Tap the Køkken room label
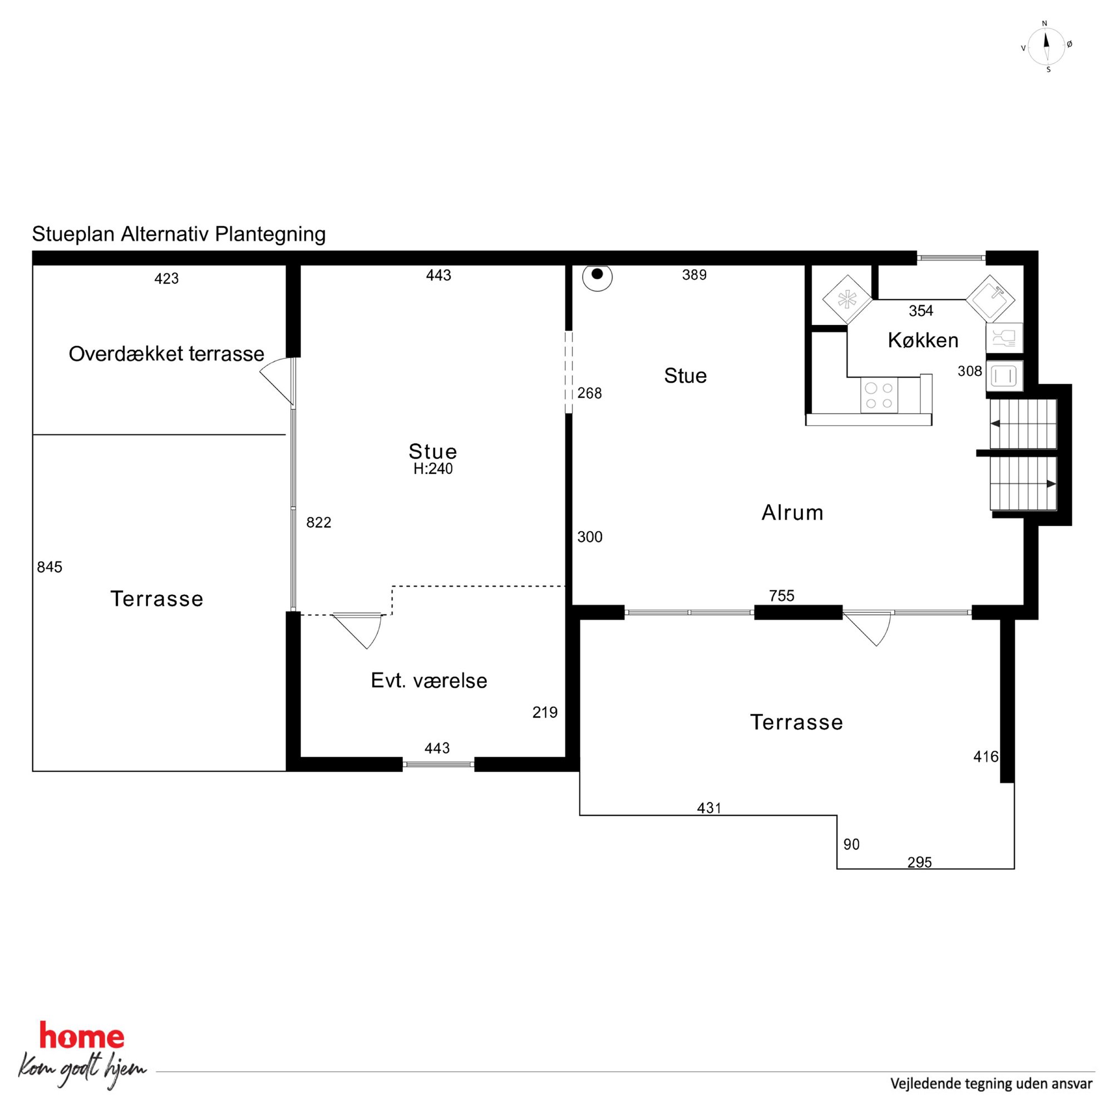pyautogui.click(x=923, y=341)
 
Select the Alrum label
pyautogui.click(x=792, y=512)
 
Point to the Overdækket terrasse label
pyautogui.click(x=166, y=354)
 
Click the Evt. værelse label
pyautogui.click(x=429, y=681)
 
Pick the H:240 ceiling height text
pyautogui.click(x=433, y=469)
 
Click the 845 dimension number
pyautogui.click(x=50, y=567)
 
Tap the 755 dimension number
pyautogui.click(x=782, y=596)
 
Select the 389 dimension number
pyautogui.click(x=694, y=275)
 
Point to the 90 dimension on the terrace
pyautogui.click(x=851, y=844)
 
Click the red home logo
pyautogui.click(x=82, y=1037)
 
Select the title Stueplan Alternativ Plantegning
pyautogui.click(x=179, y=234)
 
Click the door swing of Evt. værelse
pyautogui.click(x=357, y=631)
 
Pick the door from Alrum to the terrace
pyautogui.click(x=867, y=628)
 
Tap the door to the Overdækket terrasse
pyautogui.click(x=277, y=381)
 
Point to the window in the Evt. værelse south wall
pyautogui.click(x=438, y=764)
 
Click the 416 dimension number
pyautogui.click(x=985, y=757)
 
